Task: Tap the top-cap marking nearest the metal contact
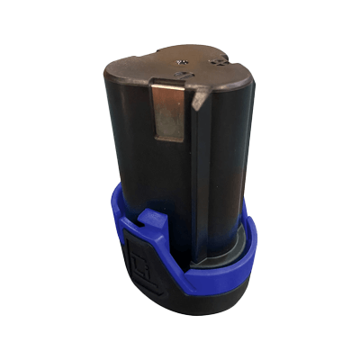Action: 183,62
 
